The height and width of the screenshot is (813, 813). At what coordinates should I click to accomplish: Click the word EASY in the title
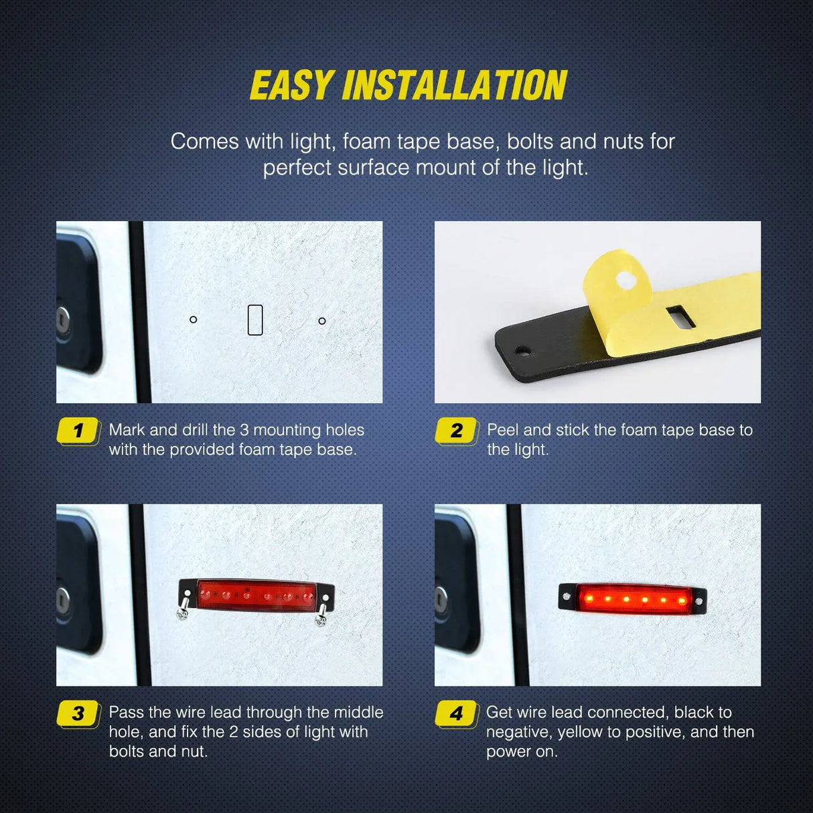pyautogui.click(x=292, y=86)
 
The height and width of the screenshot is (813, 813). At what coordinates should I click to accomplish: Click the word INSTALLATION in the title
pyautogui.click(x=455, y=86)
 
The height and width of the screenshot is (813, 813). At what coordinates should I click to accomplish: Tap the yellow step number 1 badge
pyautogui.click(x=78, y=431)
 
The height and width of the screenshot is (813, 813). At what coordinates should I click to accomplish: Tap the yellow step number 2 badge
pyautogui.click(x=457, y=431)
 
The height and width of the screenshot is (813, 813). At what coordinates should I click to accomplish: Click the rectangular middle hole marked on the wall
pyautogui.click(x=255, y=320)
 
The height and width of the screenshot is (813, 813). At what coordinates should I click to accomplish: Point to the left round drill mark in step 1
pyautogui.click(x=194, y=319)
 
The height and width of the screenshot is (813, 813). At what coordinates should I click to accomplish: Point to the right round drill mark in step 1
pyautogui.click(x=322, y=321)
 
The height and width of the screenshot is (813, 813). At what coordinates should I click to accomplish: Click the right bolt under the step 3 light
pyautogui.click(x=321, y=615)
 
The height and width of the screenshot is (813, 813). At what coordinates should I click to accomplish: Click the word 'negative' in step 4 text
pyautogui.click(x=517, y=732)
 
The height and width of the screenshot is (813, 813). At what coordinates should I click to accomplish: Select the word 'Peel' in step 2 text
pyautogui.click(x=502, y=430)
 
